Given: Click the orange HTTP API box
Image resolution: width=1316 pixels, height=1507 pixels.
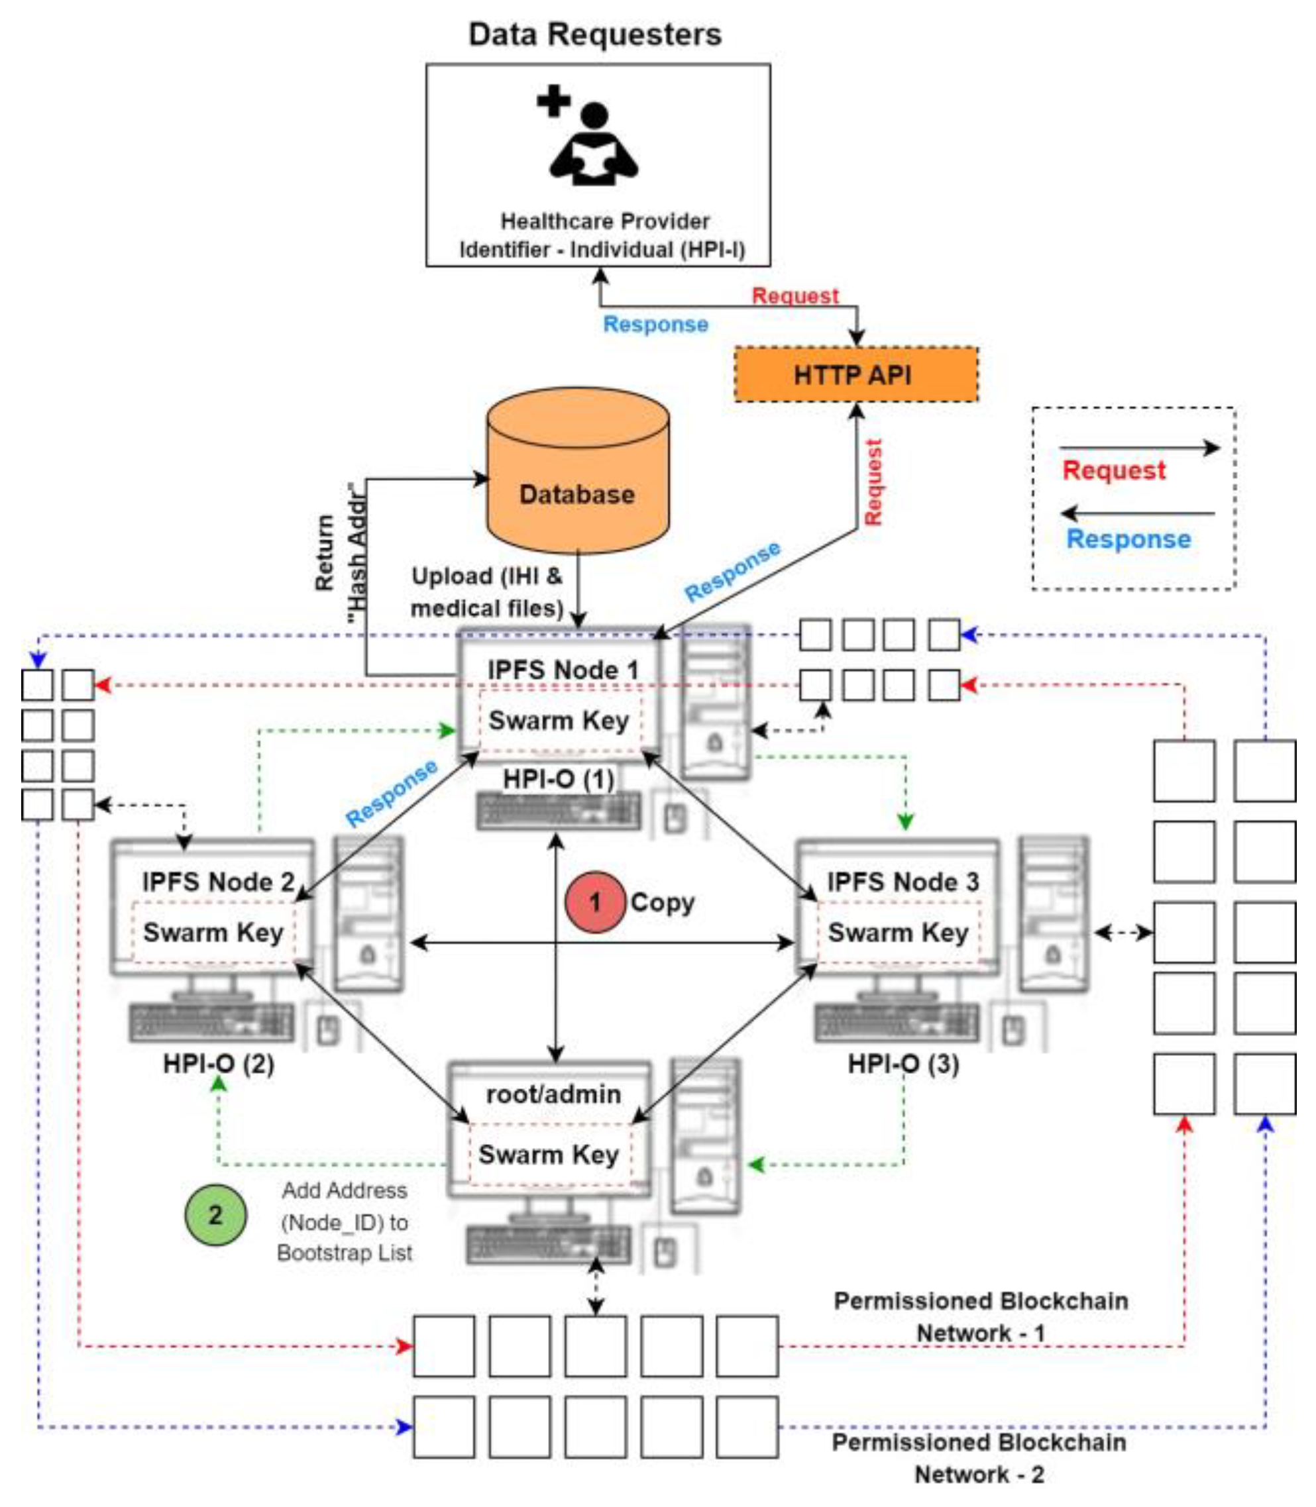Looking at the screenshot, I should (x=855, y=374).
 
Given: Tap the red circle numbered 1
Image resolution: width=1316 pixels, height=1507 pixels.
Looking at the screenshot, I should (x=594, y=902).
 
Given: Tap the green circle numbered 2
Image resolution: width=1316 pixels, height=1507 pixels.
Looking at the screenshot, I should (x=215, y=1215).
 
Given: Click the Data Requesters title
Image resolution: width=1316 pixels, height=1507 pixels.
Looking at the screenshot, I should (x=595, y=34).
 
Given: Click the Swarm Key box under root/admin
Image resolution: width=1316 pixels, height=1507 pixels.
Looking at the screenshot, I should (x=549, y=1154).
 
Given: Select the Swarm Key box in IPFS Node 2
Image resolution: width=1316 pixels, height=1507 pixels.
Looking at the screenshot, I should (x=213, y=932).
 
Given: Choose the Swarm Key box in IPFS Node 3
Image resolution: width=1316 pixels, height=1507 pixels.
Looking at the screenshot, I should (x=897, y=932).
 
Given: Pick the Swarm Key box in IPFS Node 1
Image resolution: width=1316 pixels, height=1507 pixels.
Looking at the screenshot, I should (x=559, y=720).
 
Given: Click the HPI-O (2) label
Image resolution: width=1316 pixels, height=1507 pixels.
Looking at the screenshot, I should (x=219, y=1064).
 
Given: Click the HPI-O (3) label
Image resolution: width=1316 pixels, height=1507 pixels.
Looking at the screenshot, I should (x=903, y=1064).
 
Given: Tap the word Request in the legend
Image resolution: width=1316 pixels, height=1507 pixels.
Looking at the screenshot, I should (x=1113, y=470).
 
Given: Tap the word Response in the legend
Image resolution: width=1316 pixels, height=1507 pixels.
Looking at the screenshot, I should (x=1128, y=539).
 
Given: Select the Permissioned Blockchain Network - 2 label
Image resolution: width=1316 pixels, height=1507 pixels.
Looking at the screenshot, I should (x=978, y=1458).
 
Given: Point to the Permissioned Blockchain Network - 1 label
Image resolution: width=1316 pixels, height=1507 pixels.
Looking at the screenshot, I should (x=981, y=1316).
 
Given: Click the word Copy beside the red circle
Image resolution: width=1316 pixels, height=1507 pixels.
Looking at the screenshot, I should (x=662, y=902).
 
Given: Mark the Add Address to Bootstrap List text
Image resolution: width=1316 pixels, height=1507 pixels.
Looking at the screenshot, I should (x=345, y=1221).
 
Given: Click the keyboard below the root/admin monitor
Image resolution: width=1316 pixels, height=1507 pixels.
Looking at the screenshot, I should (x=549, y=1243).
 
